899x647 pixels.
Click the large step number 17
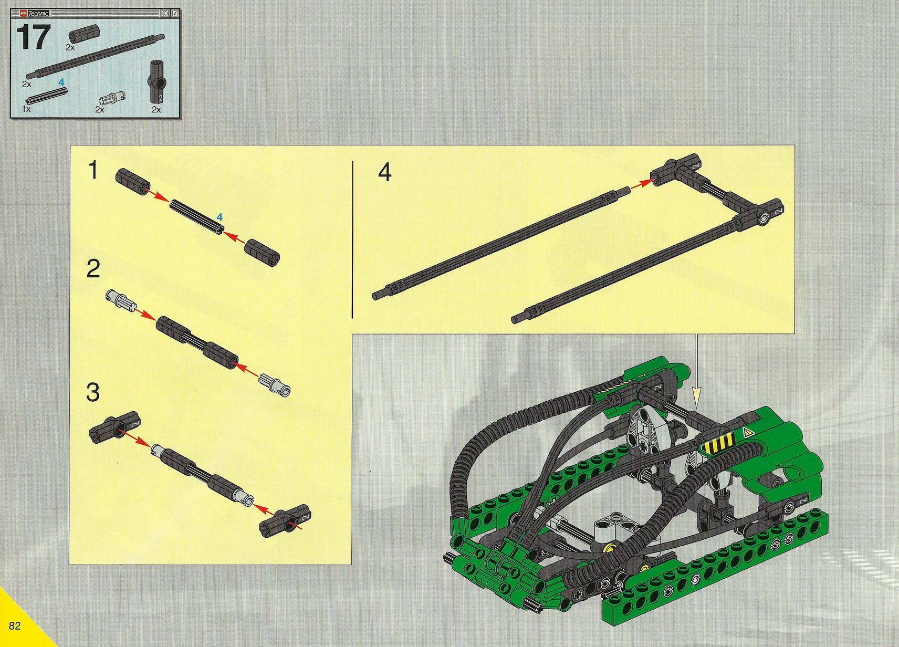34,37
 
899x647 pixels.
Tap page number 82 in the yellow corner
15,625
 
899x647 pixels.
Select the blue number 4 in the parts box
61,82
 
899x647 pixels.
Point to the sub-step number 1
93,170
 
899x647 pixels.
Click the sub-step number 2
93,268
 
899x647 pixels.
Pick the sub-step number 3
93,392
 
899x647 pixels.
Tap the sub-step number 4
384,173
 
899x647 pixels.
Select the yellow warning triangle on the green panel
747,433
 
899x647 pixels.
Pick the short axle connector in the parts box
78,36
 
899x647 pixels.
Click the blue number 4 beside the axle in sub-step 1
219,217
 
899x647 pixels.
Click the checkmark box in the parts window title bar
175,13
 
